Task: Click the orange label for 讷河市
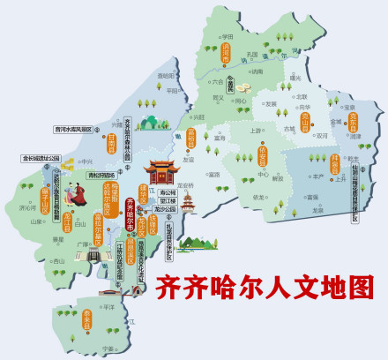pyautogui.click(x=227, y=56)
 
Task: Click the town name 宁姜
pyautogui.click(x=108, y=349)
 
